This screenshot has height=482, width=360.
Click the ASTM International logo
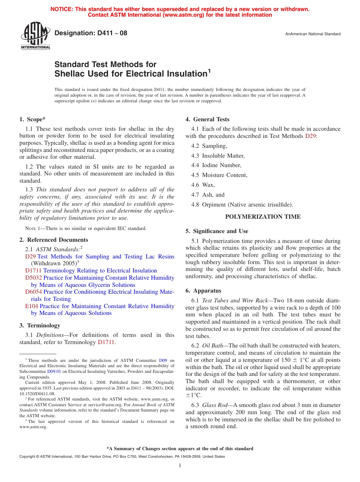[35, 36]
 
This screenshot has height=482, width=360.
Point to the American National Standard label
[313, 34]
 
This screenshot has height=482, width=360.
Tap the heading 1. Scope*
[33, 119]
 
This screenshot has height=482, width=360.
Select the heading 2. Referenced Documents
[54, 240]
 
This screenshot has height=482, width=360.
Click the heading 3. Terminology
[40, 326]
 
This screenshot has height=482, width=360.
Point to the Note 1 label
[32, 228]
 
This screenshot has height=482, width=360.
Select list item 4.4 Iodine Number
[216, 165]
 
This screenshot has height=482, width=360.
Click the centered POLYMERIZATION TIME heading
[263, 217]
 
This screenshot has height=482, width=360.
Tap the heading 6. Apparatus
[203, 291]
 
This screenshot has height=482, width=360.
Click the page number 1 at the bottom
[180, 466]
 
